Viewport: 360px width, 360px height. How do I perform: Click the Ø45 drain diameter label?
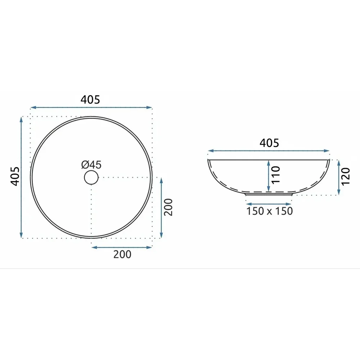pyautogui.click(x=91, y=165)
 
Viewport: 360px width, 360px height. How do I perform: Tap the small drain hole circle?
pyautogui.click(x=91, y=178)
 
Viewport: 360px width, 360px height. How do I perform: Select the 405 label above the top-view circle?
pyautogui.click(x=90, y=100)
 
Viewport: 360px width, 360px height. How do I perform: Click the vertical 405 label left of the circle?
pyautogui.click(x=15, y=176)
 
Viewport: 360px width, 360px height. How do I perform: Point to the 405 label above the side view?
pyautogui.click(x=269, y=143)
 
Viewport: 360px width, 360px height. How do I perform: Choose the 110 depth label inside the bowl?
pyautogui.click(x=276, y=175)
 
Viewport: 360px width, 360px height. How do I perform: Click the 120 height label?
pyautogui.click(x=346, y=176)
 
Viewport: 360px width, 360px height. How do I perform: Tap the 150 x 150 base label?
pyautogui.click(x=269, y=211)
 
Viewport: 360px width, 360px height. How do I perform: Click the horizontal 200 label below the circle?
pyautogui.click(x=122, y=255)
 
